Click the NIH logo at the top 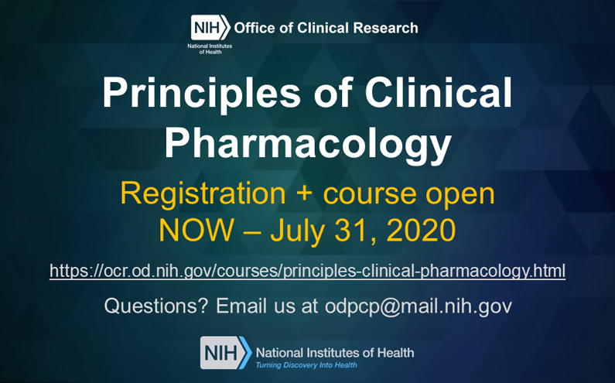pyautogui.click(x=210, y=28)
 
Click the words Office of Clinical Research pyautogui.click(x=326, y=29)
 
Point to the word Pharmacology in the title pyautogui.click(x=307, y=143)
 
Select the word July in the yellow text pyautogui.click(x=301, y=230)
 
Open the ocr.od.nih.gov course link pyautogui.click(x=307, y=272)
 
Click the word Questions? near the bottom pyautogui.click(x=155, y=306)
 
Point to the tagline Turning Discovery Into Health pyautogui.click(x=306, y=364)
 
